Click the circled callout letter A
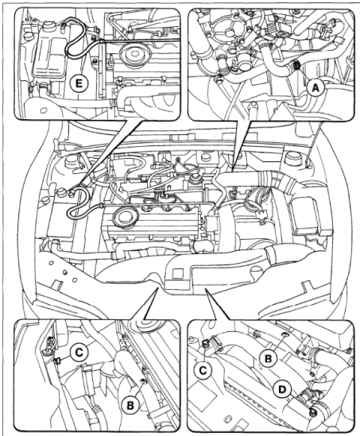coord(315,88)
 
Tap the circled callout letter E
coord(79,83)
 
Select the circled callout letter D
coord(282,390)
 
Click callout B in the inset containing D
coord(268,358)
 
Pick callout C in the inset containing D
coord(203,370)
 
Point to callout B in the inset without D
coord(130,406)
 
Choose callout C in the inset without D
coord(79,353)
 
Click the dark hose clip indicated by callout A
coord(297,65)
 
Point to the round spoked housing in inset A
coord(229,29)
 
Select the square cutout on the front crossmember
coord(178,274)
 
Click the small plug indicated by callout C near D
coord(205,345)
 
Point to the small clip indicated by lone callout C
coord(57,361)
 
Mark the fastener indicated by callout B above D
coord(283,334)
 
